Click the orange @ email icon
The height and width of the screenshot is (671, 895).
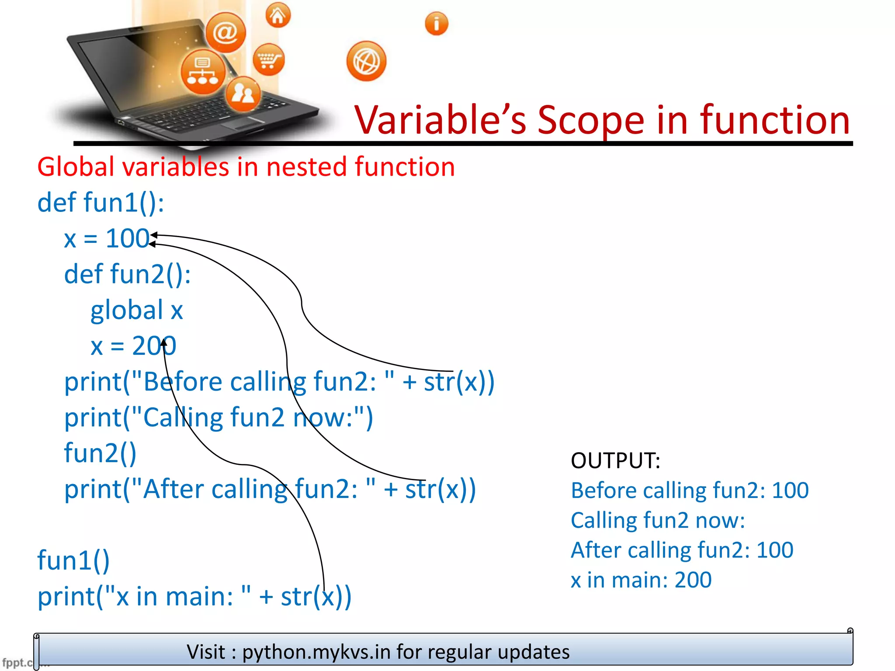[225, 32]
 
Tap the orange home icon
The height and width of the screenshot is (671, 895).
[278, 16]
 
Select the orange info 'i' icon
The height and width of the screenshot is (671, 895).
[436, 24]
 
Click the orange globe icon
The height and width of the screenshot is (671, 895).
[366, 61]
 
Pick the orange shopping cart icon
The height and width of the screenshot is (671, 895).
[268, 59]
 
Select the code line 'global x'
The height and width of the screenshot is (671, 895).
[136, 310]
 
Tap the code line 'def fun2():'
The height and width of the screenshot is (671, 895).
[127, 274]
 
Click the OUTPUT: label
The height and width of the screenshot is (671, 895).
[615, 460]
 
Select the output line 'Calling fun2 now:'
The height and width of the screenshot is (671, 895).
[658, 520]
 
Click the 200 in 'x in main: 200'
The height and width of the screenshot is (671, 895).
[693, 580]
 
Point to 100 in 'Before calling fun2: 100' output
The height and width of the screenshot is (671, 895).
[790, 490]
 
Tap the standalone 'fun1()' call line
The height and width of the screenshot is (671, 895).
[73, 560]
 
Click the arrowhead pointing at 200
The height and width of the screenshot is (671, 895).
[164, 342]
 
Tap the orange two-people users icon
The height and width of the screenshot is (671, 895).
[243, 93]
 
